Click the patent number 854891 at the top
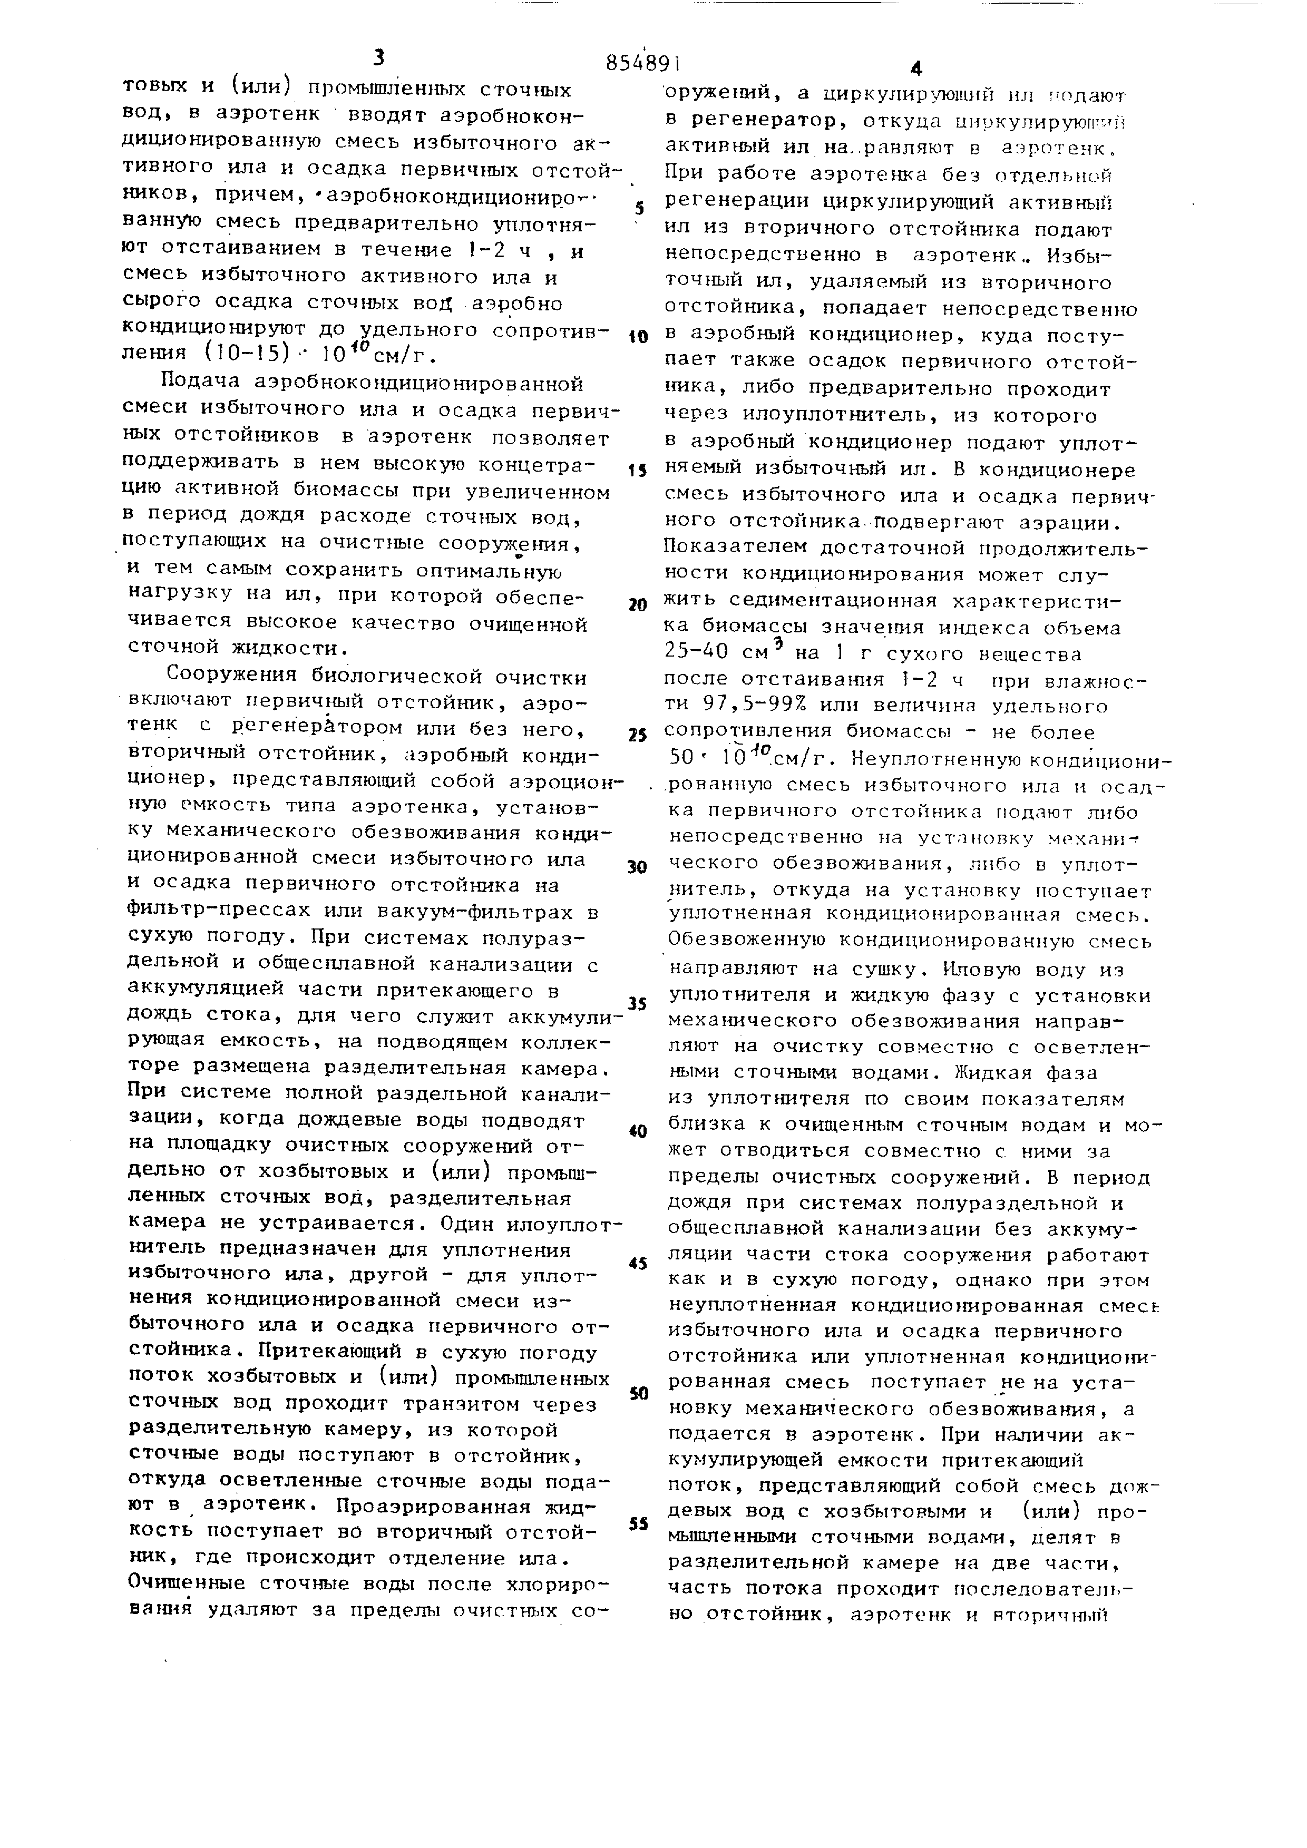(x=644, y=63)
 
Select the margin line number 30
(x=637, y=867)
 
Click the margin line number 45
(x=637, y=1264)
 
